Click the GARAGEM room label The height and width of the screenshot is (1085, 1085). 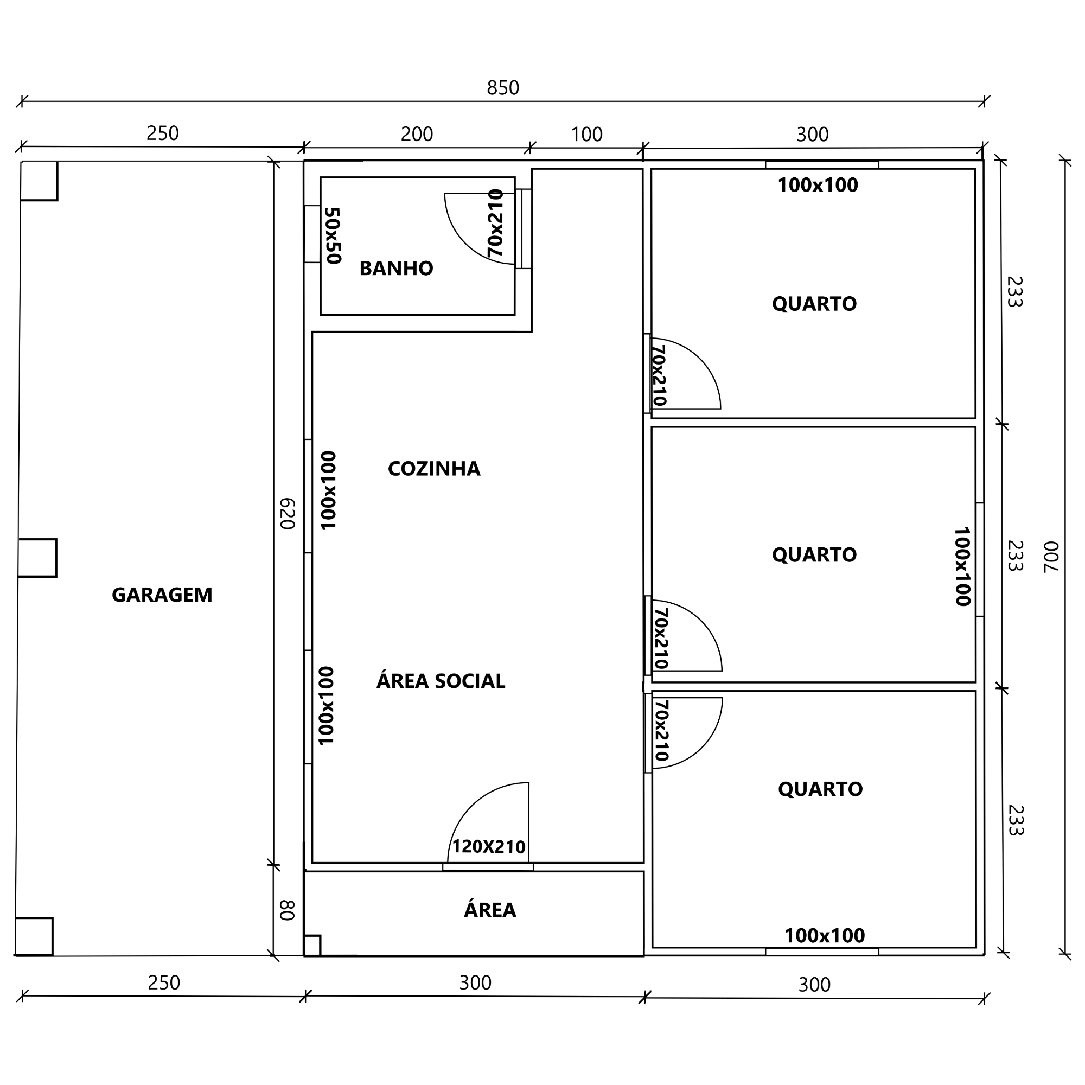[162, 595]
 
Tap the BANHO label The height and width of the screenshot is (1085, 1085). [397, 269]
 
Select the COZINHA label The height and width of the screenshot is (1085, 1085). [434, 468]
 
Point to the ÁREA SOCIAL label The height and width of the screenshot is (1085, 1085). [441, 681]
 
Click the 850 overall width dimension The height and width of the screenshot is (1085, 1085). [503, 88]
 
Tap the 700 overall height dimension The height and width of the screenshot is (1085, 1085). [1050, 557]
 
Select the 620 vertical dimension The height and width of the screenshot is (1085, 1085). [287, 513]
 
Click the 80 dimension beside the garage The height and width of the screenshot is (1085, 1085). [287, 910]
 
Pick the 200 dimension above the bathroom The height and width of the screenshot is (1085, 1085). [417, 134]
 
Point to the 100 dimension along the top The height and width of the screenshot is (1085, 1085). [587, 134]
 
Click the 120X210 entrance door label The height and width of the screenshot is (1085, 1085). [489, 846]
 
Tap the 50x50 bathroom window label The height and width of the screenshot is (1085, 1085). [333, 236]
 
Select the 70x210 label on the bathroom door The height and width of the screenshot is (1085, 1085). [495, 223]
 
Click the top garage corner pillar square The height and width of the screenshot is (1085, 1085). [39, 181]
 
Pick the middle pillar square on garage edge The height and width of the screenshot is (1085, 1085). [37, 558]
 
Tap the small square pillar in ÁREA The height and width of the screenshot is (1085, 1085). [312, 945]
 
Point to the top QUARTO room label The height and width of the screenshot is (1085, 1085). [814, 304]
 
